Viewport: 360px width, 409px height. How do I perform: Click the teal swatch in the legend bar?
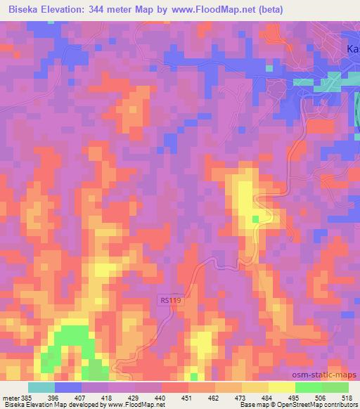[x=41, y=387]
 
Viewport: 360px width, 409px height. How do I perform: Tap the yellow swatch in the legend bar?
[x=282, y=387]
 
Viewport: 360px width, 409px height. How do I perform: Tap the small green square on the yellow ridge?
[x=255, y=219]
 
